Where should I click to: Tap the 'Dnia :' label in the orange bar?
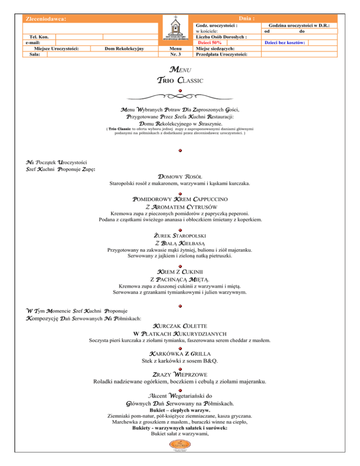click(x=247, y=18)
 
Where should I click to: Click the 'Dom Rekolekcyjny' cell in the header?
click(x=124, y=48)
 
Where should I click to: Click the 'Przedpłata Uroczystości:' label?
click(x=221, y=54)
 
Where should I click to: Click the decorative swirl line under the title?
click(x=180, y=97)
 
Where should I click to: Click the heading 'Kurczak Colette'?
click(x=180, y=325)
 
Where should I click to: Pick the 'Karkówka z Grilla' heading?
click(x=180, y=353)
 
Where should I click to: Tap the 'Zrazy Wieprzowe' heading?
click(x=180, y=374)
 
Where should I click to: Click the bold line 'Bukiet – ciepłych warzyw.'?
click(x=180, y=410)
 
